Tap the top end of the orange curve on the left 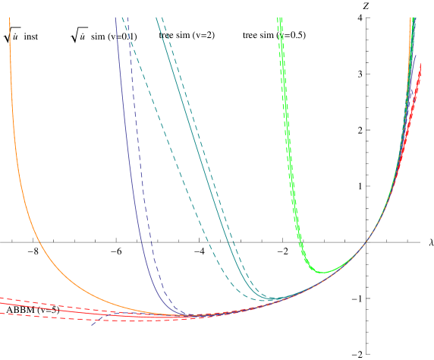tap(10, 19)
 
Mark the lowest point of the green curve tap(322, 272)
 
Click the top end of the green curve tap(279, 18)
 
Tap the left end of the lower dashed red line tap(1, 313)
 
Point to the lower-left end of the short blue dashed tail tap(92, 325)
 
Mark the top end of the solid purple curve tap(115, 18)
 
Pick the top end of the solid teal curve tap(156, 18)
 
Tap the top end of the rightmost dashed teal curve tap(162, 18)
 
